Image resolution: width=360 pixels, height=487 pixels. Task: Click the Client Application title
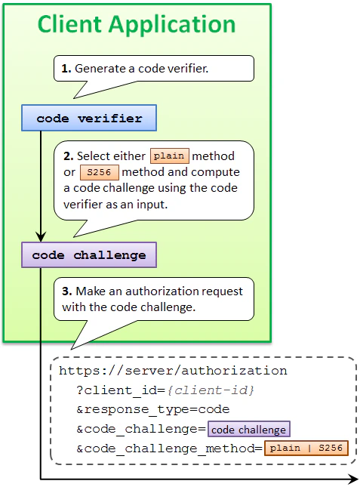click(137, 24)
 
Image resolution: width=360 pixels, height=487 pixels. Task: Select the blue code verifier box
click(89, 119)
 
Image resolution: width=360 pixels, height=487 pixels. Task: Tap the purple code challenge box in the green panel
click(89, 255)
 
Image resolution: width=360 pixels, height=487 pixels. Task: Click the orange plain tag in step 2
click(170, 156)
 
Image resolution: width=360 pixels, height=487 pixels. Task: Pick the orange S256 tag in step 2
click(99, 172)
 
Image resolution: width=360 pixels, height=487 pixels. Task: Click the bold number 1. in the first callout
click(66, 68)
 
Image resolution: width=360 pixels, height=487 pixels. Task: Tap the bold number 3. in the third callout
click(66, 292)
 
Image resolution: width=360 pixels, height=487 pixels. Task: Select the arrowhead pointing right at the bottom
click(352, 479)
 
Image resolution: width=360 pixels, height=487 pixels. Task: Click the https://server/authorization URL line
click(173, 371)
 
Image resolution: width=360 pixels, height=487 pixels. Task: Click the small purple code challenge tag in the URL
click(248, 430)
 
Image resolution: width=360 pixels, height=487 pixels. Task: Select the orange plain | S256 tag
click(306, 449)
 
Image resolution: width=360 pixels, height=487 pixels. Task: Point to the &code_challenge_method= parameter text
click(169, 449)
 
